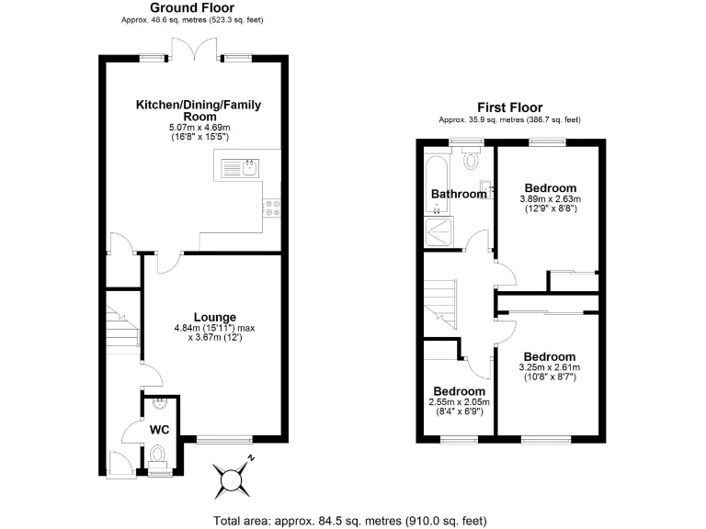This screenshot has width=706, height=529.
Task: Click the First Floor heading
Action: click(509, 107)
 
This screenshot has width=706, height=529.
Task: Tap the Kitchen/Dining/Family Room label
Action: click(199, 111)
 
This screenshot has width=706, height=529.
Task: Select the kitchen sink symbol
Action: click(240, 167)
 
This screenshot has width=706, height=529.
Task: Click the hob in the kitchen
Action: click(272, 208)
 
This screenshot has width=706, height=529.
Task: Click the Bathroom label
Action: click(459, 194)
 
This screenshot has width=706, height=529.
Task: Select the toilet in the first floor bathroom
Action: click(473, 160)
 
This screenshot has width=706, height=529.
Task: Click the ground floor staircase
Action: click(120, 330)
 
